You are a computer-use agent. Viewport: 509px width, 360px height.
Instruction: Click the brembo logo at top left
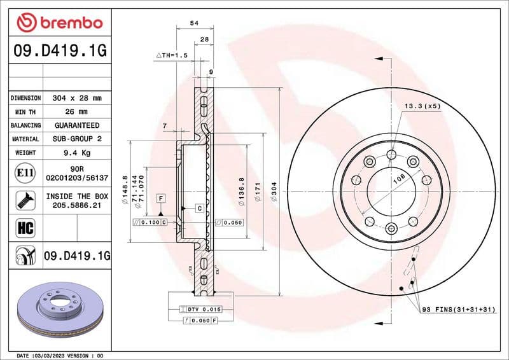pos(59,23)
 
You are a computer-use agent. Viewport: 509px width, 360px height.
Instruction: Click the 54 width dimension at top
pos(195,23)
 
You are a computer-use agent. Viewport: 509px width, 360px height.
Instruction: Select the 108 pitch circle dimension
pos(399,180)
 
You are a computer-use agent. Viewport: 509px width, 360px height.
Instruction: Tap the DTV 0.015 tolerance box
pos(203,309)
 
